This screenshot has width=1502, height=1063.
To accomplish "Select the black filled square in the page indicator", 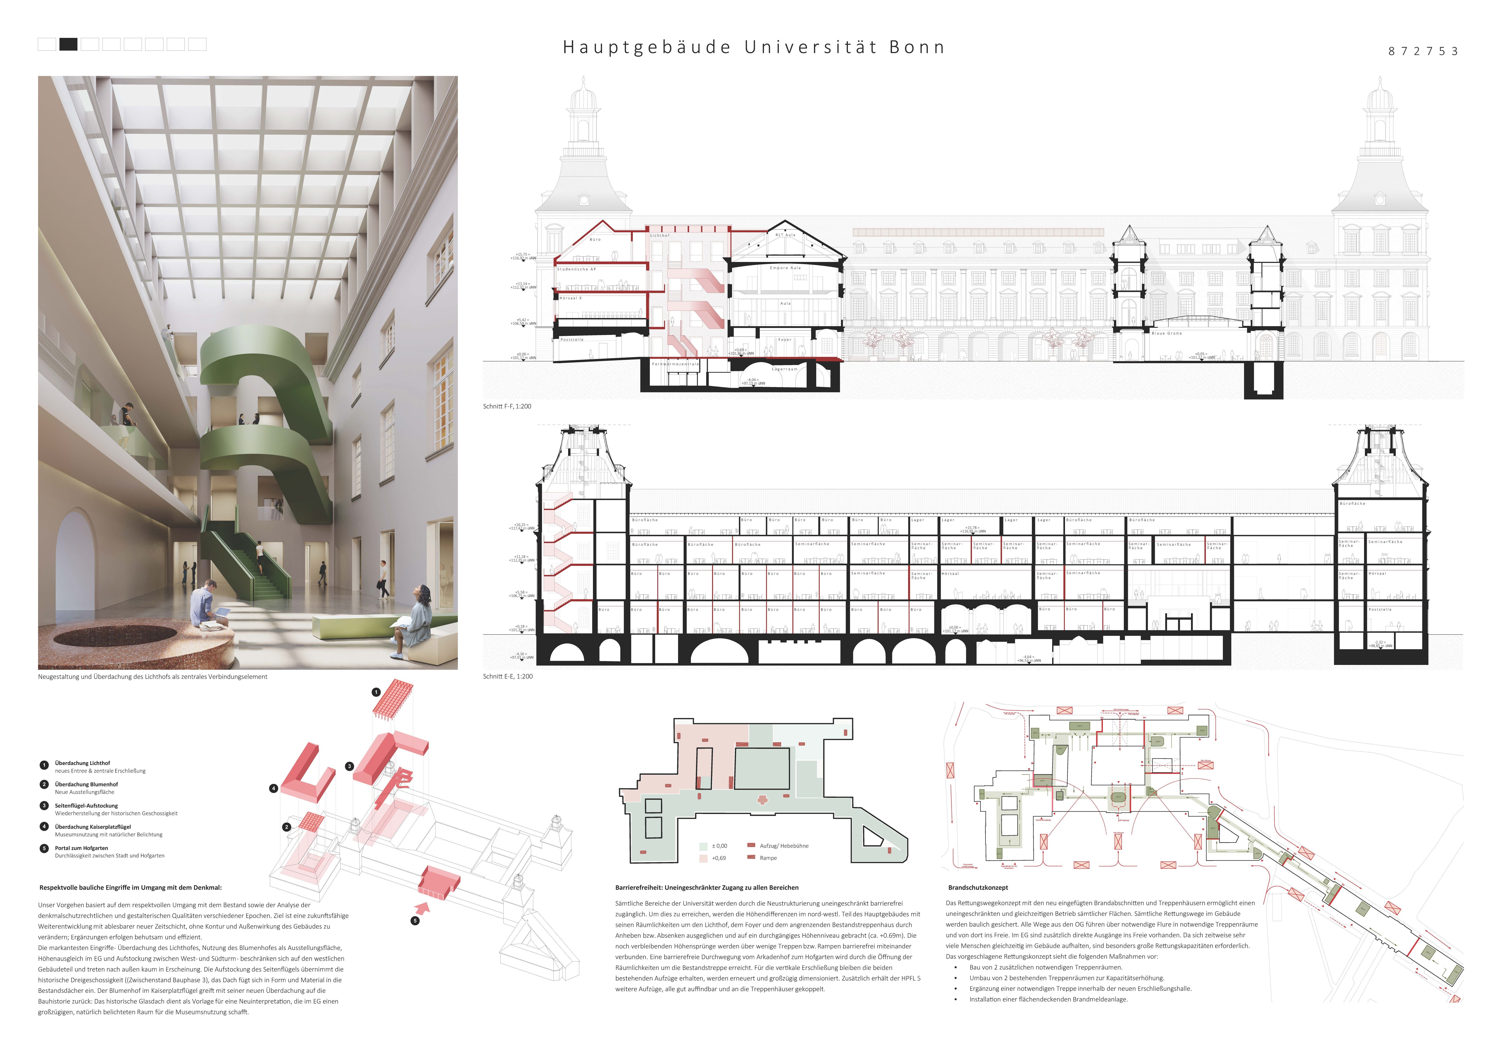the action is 68,45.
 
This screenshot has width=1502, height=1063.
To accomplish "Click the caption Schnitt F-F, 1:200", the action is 507,406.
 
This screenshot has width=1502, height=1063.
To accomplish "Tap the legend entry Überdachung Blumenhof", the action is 86,784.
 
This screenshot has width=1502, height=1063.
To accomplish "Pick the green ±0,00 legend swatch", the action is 703,846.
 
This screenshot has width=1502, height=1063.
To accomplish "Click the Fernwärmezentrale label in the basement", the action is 675,364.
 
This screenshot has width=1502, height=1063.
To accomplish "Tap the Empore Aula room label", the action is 785,268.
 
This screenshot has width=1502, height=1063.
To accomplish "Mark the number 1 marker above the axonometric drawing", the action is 376,692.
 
